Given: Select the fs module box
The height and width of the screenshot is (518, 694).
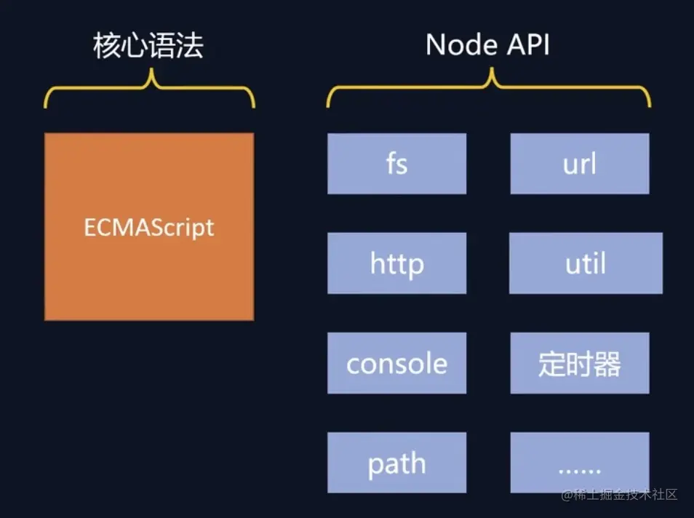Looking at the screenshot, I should pyautogui.click(x=396, y=164).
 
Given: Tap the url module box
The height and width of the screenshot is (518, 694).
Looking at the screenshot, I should pyautogui.click(x=579, y=164).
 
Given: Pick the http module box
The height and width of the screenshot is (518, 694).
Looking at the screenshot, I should pyautogui.click(x=396, y=263).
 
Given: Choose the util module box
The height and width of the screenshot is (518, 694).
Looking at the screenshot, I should pyautogui.click(x=586, y=263).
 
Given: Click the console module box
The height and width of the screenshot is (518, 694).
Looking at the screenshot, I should pyautogui.click(x=396, y=363).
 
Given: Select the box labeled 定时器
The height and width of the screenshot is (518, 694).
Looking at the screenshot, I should pyautogui.click(x=579, y=363).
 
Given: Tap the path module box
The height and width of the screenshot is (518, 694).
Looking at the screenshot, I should pyautogui.click(x=396, y=463).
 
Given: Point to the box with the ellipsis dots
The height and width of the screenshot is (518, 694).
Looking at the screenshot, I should pyautogui.click(x=579, y=463).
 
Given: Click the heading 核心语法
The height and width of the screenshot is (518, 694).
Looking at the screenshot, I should pyautogui.click(x=148, y=46).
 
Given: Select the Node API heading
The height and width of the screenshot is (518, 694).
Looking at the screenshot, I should pyautogui.click(x=487, y=46).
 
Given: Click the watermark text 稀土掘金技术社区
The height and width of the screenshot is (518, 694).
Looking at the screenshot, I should pyautogui.click(x=627, y=495).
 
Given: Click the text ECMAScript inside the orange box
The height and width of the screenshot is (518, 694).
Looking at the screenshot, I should pyautogui.click(x=149, y=227).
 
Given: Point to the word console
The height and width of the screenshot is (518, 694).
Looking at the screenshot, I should pyautogui.click(x=396, y=363).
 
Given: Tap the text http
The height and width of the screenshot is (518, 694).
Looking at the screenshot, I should pyautogui.click(x=396, y=263).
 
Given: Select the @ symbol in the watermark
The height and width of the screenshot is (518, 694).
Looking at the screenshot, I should pyautogui.click(x=567, y=495).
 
